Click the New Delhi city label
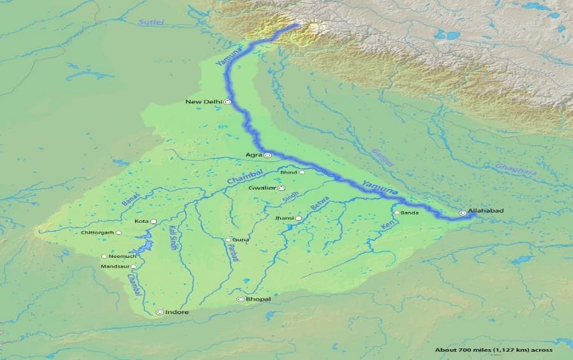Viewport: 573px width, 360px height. pos(203,101)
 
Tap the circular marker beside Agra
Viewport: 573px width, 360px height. pos(268,155)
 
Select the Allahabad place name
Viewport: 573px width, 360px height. pos(486,210)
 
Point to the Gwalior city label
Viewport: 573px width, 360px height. pos(262,188)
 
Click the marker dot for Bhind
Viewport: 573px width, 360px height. pos(302,172)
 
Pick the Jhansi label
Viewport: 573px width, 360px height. pos(284,218)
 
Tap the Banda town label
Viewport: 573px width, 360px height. pos(409,213)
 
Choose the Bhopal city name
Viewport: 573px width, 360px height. pos(258,299)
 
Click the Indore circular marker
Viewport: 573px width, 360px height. pos(160,312)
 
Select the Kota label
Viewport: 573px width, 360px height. pos(141,221)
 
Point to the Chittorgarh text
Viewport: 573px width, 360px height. pos(98,232)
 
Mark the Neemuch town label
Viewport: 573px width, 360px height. pos(122,256)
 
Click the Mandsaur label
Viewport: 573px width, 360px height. pos(115,266)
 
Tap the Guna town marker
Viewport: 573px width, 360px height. pos(228,240)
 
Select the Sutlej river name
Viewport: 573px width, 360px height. pos(151,22)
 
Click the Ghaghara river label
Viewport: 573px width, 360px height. pos(516,169)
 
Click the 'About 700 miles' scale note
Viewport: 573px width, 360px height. pos(493,350)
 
